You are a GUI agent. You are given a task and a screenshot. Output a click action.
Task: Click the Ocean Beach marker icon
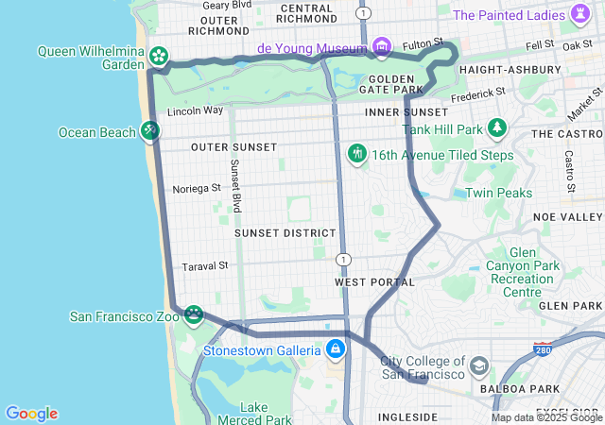[x=150, y=130]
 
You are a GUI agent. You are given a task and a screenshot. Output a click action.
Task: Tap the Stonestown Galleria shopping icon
[x=335, y=349]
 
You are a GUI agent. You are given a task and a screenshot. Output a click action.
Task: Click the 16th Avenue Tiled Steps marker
[x=357, y=153]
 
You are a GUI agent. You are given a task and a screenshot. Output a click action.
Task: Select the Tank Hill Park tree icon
[x=497, y=127]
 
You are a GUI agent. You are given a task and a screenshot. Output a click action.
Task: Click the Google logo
[x=31, y=414]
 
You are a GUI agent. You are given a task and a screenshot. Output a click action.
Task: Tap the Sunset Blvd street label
[x=235, y=184]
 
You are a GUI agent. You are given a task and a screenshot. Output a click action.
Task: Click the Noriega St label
[x=197, y=189]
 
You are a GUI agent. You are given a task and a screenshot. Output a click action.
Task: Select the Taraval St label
[x=205, y=266]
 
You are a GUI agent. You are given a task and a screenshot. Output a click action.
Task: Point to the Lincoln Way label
[x=195, y=110]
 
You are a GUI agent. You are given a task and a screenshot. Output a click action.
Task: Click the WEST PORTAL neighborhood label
[x=374, y=282]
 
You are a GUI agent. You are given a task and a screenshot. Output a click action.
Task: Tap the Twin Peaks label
[x=498, y=194]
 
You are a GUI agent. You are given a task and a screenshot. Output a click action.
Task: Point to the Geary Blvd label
[x=227, y=5]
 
